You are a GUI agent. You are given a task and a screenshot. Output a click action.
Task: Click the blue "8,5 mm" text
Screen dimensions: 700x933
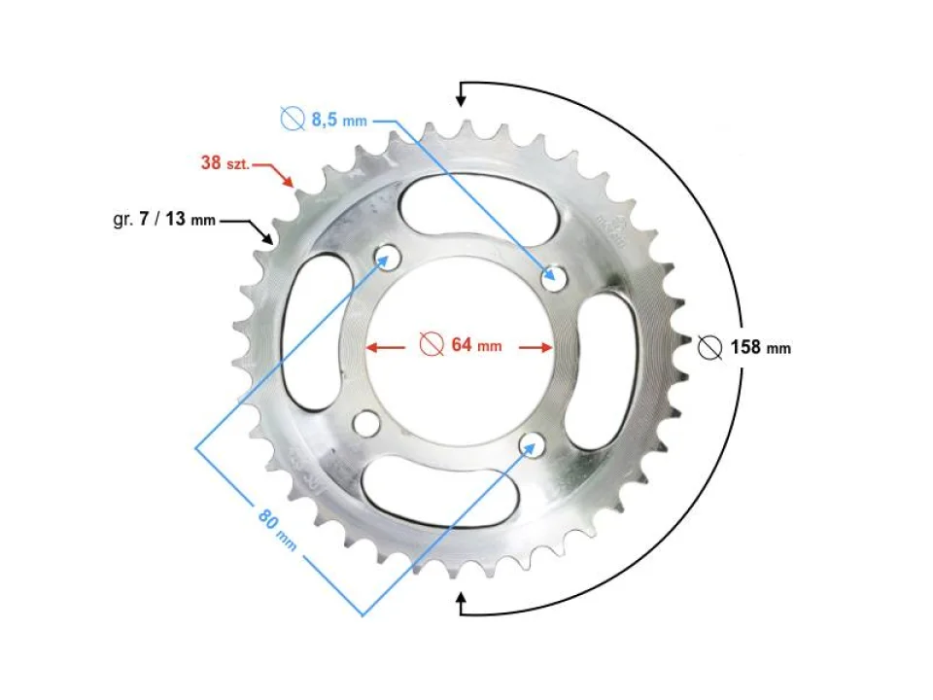(339, 121)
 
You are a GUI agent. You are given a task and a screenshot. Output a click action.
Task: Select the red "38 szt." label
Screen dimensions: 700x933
(225, 163)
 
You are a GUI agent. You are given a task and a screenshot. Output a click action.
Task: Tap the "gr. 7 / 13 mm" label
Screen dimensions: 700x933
(164, 220)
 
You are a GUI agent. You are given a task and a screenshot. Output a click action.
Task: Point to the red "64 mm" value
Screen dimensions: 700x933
(475, 345)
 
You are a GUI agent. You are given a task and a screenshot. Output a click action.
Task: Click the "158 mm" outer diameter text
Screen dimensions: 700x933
(760, 347)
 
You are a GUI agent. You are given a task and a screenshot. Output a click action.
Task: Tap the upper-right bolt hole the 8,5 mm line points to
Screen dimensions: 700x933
(554, 278)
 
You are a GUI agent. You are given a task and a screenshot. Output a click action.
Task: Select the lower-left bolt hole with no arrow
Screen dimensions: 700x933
(366, 424)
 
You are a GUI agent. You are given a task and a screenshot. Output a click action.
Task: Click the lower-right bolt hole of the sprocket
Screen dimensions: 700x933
(530, 445)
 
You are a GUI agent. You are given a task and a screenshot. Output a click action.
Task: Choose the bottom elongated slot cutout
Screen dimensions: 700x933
(439, 492)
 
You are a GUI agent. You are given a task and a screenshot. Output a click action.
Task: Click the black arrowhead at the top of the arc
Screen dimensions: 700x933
(463, 93)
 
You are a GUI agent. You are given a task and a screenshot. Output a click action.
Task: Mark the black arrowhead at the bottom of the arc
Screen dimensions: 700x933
(463, 606)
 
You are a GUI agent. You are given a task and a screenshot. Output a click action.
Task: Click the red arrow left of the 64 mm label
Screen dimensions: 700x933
(383, 345)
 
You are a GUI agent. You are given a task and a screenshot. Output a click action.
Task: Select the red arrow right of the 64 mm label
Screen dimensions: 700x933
(536, 345)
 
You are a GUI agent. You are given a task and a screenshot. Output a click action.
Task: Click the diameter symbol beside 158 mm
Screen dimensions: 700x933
(710, 347)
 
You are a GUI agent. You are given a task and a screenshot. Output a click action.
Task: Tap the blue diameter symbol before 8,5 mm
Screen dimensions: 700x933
(292, 120)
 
